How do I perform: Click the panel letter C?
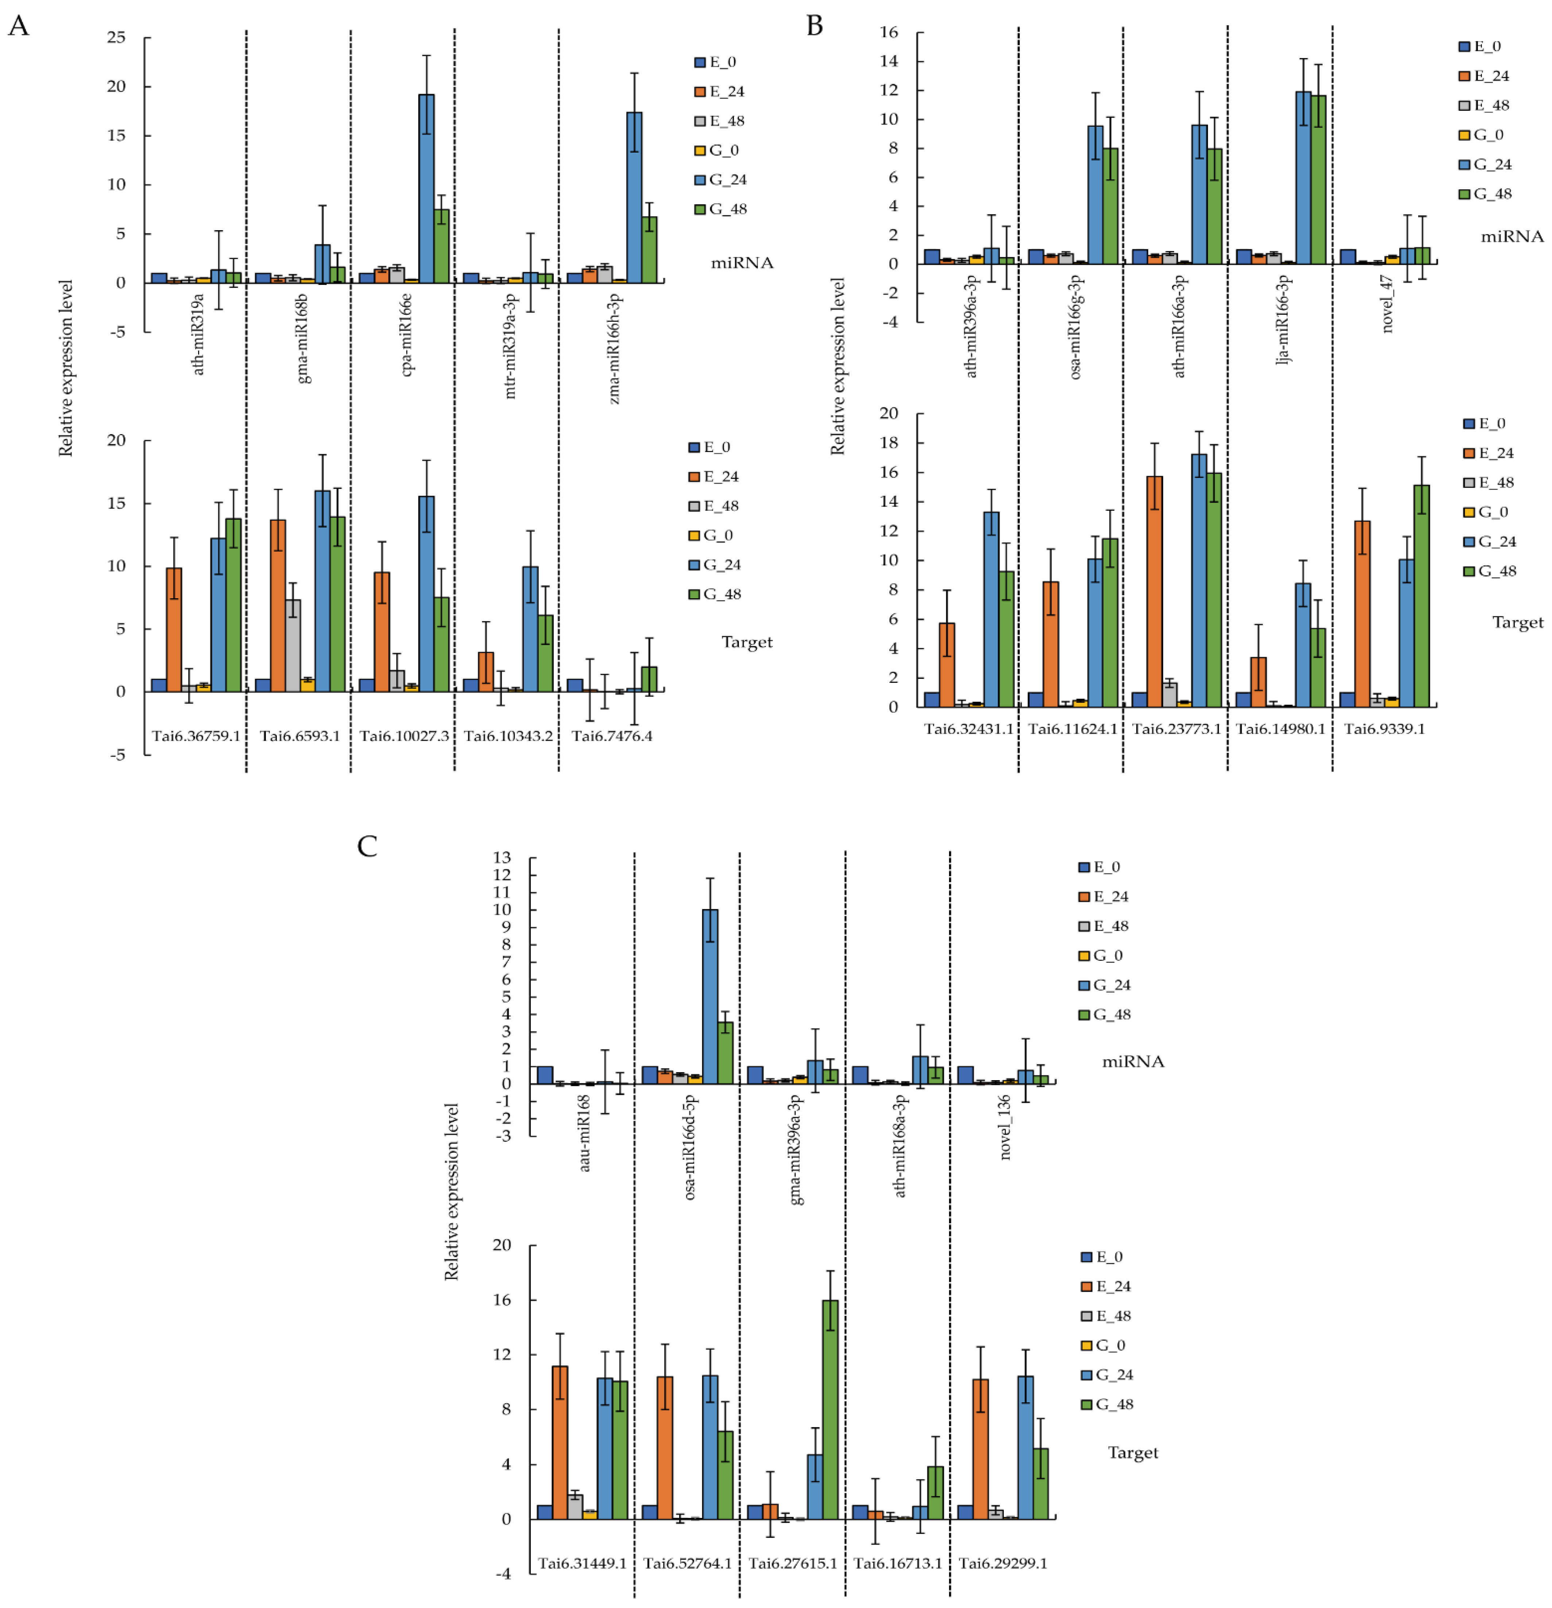[x=367, y=846]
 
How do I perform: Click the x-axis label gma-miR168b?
[x=303, y=338]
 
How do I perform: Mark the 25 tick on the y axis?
[x=116, y=38]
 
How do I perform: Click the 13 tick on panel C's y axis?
[x=501, y=857]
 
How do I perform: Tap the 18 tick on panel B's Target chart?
[x=889, y=443]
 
